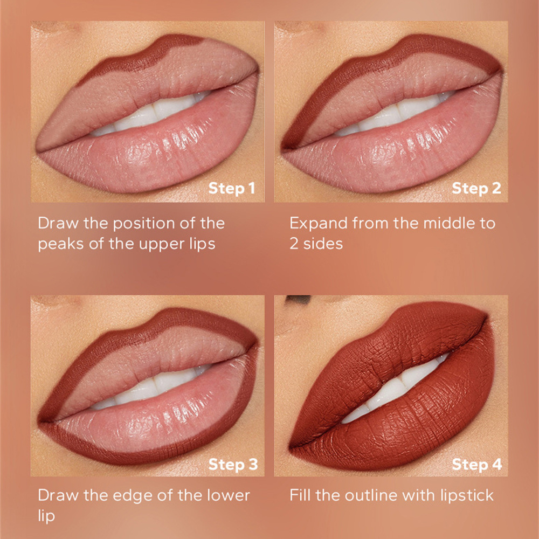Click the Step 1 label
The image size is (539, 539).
point(231,188)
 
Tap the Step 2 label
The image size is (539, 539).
point(476,188)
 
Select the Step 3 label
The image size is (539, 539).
point(233,465)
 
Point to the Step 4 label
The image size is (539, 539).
point(477,465)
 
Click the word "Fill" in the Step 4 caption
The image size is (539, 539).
point(299,495)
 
